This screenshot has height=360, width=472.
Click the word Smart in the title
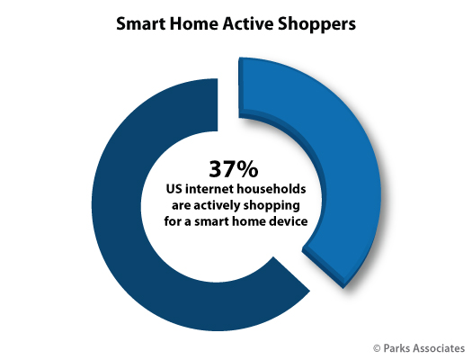coord(140,23)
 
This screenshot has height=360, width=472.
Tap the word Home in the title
coord(194,23)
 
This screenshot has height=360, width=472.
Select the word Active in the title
coord(248,23)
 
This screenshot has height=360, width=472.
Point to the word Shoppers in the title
coord(316,24)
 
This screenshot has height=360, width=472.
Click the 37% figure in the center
coord(234,169)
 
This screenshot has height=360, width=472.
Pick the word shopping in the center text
coord(272,206)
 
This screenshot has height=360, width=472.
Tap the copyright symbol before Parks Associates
coord(377,349)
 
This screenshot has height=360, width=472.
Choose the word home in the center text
coord(252,221)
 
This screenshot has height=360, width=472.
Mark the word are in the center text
coord(181,207)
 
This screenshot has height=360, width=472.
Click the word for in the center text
coord(173,221)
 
